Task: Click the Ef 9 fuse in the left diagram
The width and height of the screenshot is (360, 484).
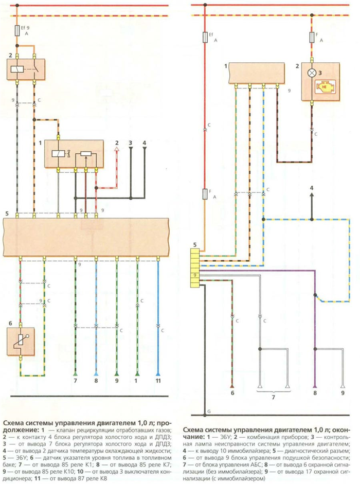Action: [x=17, y=31]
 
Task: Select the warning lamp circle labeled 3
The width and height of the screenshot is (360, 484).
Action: [x=312, y=73]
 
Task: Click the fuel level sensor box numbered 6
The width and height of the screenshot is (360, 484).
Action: [x=21, y=342]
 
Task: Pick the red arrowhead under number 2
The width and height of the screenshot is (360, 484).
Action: [x=117, y=149]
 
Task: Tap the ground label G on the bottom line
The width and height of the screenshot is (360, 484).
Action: [x=209, y=411]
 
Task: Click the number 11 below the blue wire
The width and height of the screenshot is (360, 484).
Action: [x=158, y=381]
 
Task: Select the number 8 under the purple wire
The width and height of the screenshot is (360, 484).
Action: [x=315, y=393]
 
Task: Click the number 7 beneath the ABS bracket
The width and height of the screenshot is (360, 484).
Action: [x=273, y=397]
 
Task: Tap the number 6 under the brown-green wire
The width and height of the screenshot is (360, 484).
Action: [x=232, y=393]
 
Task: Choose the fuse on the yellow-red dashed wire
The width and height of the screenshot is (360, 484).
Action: [x=312, y=38]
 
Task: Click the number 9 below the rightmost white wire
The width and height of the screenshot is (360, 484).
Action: [x=343, y=393]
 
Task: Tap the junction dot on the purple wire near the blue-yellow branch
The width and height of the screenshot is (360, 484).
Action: [x=315, y=295]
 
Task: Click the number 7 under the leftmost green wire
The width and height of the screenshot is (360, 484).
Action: [x=75, y=381]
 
